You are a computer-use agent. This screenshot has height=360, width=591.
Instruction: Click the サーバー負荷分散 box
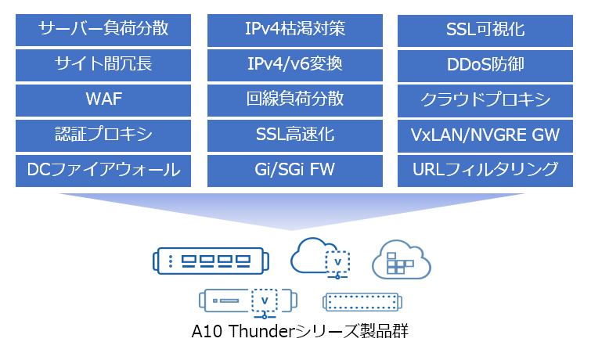click(103, 31)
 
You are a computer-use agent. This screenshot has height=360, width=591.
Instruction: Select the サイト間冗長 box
click(103, 65)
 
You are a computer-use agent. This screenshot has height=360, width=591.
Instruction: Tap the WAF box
click(103, 100)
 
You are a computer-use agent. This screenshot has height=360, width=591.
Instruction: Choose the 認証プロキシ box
click(103, 135)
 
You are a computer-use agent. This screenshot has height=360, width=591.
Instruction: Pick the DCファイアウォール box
click(103, 171)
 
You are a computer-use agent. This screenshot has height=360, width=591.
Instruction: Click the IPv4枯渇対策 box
click(295, 31)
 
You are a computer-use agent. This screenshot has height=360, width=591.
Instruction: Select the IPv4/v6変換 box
click(295, 65)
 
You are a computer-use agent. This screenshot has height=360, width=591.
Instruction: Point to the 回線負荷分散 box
click(295, 100)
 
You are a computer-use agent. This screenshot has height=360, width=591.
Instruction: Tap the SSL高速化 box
click(295, 135)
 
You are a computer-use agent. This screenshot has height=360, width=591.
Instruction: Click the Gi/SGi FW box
click(295, 171)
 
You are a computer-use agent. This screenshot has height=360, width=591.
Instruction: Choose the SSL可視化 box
click(485, 31)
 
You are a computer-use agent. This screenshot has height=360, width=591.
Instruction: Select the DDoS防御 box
click(485, 66)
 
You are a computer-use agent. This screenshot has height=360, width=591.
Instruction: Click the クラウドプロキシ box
click(485, 101)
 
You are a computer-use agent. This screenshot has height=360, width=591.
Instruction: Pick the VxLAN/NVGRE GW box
click(485, 136)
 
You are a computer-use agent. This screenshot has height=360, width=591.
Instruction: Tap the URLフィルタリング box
click(485, 171)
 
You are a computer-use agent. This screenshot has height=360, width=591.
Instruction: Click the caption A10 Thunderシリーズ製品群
click(300, 331)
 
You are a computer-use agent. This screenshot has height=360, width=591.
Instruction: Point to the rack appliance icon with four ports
click(211, 261)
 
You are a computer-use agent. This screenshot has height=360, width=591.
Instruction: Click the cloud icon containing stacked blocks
click(402, 260)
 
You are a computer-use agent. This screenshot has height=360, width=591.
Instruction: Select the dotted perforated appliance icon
click(362, 302)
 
